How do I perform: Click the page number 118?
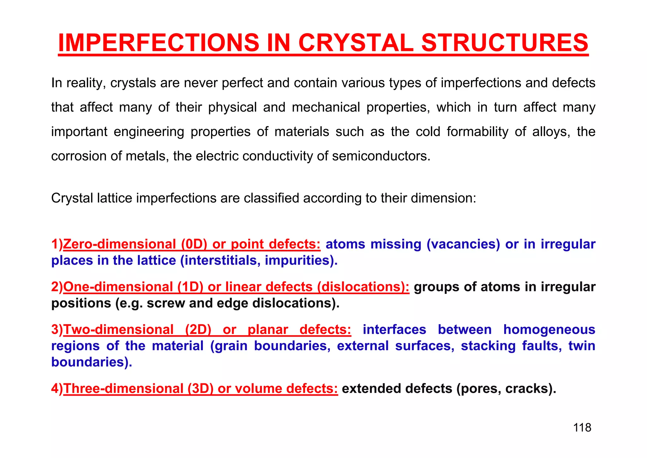(582, 428)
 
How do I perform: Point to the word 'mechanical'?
(326, 108)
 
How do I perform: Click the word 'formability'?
(477, 132)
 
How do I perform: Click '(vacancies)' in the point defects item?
(463, 244)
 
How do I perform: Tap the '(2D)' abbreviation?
(198, 330)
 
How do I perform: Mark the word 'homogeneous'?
(549, 330)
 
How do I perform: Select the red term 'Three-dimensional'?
(123, 389)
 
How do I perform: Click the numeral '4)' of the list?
(57, 389)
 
